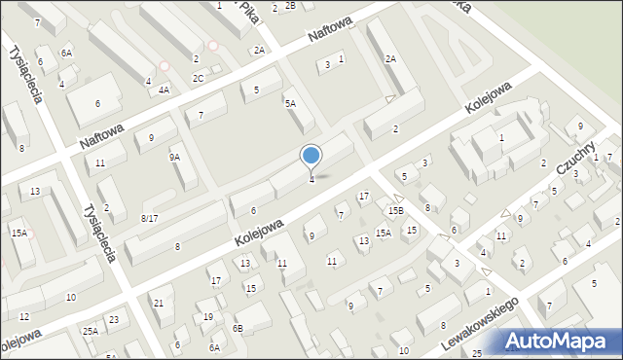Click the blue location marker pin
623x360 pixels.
click(x=311, y=156)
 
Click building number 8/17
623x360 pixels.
click(x=149, y=218)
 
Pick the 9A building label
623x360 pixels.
click(x=175, y=157)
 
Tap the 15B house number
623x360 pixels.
click(x=395, y=210)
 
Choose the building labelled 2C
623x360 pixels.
click(x=198, y=78)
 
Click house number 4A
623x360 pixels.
click(x=164, y=90)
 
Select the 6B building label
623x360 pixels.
click(x=238, y=328)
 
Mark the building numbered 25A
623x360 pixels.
click(x=91, y=332)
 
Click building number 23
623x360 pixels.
click(x=114, y=320)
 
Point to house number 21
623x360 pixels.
click(x=158, y=304)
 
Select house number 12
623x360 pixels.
click(x=24, y=317)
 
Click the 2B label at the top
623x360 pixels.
click(x=289, y=7)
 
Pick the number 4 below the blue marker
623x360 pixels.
click(x=311, y=179)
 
